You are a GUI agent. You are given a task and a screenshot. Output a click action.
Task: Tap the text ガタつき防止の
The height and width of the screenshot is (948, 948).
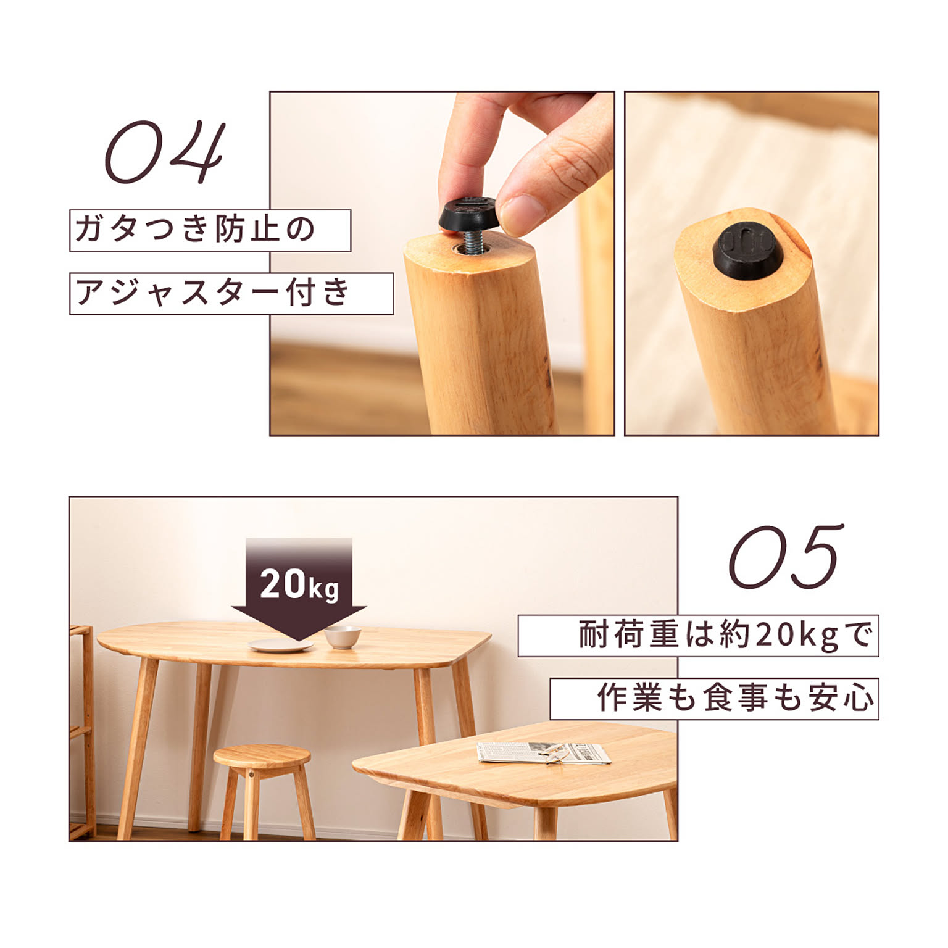[194, 230]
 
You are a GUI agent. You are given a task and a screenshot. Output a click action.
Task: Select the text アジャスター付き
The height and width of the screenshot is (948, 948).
[213, 293]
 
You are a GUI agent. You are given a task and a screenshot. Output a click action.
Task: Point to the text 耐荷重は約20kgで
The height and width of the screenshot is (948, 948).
[726, 635]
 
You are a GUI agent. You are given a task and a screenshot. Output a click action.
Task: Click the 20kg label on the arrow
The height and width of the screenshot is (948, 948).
[299, 584]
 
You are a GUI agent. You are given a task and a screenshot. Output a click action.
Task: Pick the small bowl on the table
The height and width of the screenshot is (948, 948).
[343, 636]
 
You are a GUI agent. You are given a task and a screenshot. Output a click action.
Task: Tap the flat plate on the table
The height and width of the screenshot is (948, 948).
[280, 646]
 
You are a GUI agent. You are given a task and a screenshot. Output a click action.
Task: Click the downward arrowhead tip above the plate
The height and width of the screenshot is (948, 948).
[299, 641]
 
